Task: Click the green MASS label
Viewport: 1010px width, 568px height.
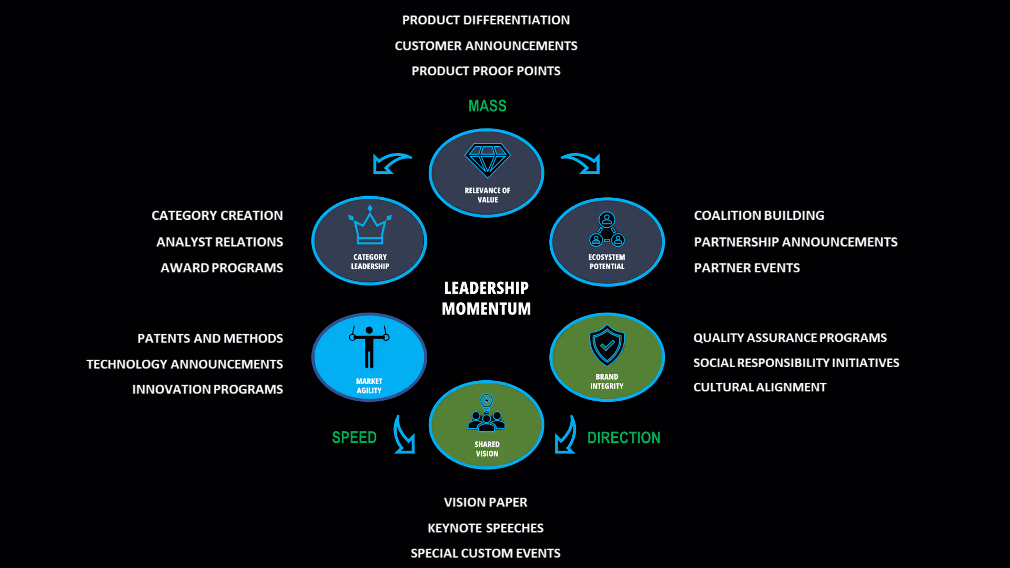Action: [487, 106]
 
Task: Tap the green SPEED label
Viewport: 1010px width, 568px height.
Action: [354, 438]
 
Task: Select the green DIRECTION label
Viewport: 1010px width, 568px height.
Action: [623, 438]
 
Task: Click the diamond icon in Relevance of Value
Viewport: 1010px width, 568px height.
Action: [487, 160]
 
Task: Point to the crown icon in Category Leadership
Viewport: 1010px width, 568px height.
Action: [370, 226]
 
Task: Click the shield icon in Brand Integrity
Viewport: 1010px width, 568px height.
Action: [607, 345]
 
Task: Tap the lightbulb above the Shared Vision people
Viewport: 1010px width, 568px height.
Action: [487, 402]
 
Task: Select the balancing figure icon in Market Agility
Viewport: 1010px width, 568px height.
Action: [369, 346]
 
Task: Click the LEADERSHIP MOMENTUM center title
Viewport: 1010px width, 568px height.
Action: [486, 298]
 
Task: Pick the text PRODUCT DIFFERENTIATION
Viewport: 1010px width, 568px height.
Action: [486, 20]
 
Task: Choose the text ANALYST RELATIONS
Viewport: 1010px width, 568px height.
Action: [219, 242]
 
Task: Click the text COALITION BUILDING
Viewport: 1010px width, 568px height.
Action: [759, 216]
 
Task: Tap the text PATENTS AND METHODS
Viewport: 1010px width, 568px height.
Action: [210, 338]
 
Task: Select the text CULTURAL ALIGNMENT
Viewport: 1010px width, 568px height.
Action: [760, 387]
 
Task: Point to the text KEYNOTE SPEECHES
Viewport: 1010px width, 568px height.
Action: [485, 528]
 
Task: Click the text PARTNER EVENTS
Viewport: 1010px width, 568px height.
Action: [746, 268]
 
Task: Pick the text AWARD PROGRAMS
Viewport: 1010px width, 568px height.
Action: [221, 268]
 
